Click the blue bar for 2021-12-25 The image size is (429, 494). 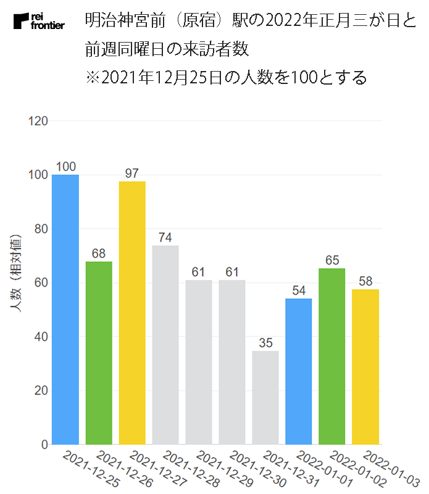pyautogui.click(x=65, y=309)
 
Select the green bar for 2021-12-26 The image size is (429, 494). pyautogui.click(x=99, y=353)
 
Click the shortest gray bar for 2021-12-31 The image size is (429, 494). pyautogui.click(x=265, y=398)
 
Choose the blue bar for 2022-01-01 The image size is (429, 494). pyautogui.click(x=299, y=371)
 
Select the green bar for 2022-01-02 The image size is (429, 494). pyautogui.click(x=332, y=356)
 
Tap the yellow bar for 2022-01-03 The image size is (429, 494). pyautogui.click(x=365, y=366)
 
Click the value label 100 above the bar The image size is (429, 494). pyautogui.click(x=65, y=167)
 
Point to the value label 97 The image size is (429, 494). pyautogui.click(x=132, y=174)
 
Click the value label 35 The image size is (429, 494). pyautogui.click(x=265, y=343)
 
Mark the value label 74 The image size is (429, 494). pyautogui.click(x=165, y=238)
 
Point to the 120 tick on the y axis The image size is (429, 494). pyautogui.click(x=39, y=121)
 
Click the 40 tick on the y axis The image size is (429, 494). pyautogui.click(x=41, y=337)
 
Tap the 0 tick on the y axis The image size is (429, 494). pyautogui.click(x=44, y=445)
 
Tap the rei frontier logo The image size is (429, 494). pyautogui.click(x=38, y=22)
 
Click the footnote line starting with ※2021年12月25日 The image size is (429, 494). pyautogui.click(x=227, y=78)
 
